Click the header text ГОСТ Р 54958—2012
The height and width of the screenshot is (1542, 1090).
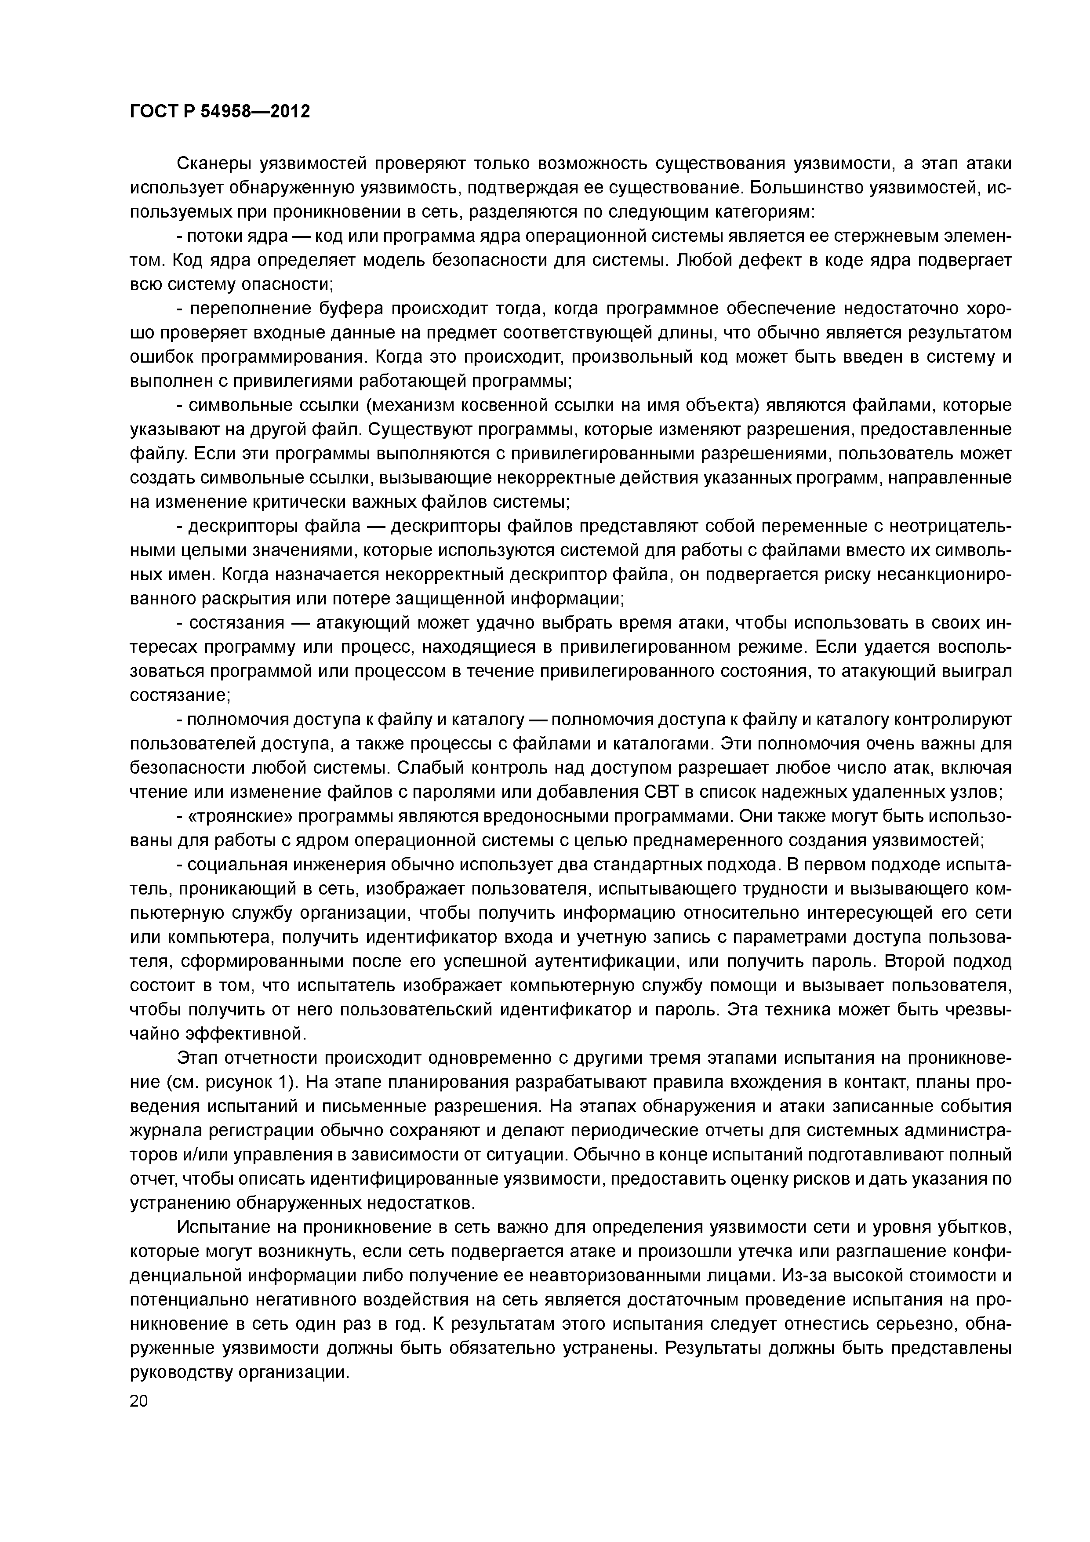click(x=220, y=112)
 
